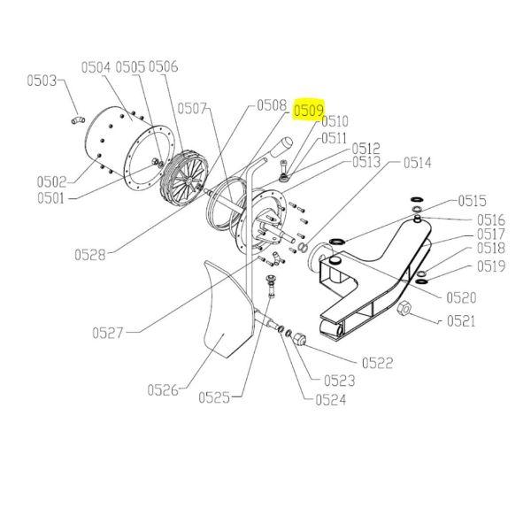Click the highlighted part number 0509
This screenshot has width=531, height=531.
pyautogui.click(x=309, y=111)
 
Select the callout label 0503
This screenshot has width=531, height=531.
pyautogui.click(x=42, y=81)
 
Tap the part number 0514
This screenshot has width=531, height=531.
pyautogui.click(x=417, y=163)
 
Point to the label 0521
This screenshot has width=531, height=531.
pyautogui.click(x=461, y=321)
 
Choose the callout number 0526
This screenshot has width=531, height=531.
pyautogui.click(x=163, y=390)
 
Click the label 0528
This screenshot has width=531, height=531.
pyautogui.click(x=89, y=255)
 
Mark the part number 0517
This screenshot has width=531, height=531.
pyautogui.click(x=490, y=234)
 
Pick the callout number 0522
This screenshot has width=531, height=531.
pyautogui.click(x=377, y=363)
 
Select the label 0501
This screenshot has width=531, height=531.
pyautogui.click(x=50, y=198)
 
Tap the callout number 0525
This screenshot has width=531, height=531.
pyautogui.click(x=214, y=397)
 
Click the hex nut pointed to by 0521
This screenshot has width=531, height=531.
pyautogui.click(x=404, y=308)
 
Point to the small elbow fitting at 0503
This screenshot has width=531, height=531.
pyautogui.click(x=78, y=119)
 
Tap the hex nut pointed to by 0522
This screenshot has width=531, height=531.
pyautogui.click(x=299, y=339)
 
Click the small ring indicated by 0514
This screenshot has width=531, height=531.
pyautogui.click(x=303, y=248)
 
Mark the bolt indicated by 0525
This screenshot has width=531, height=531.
pyautogui.click(x=271, y=286)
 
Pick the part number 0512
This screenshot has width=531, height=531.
pyautogui.click(x=366, y=149)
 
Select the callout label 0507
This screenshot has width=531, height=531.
pyautogui.click(x=192, y=109)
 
